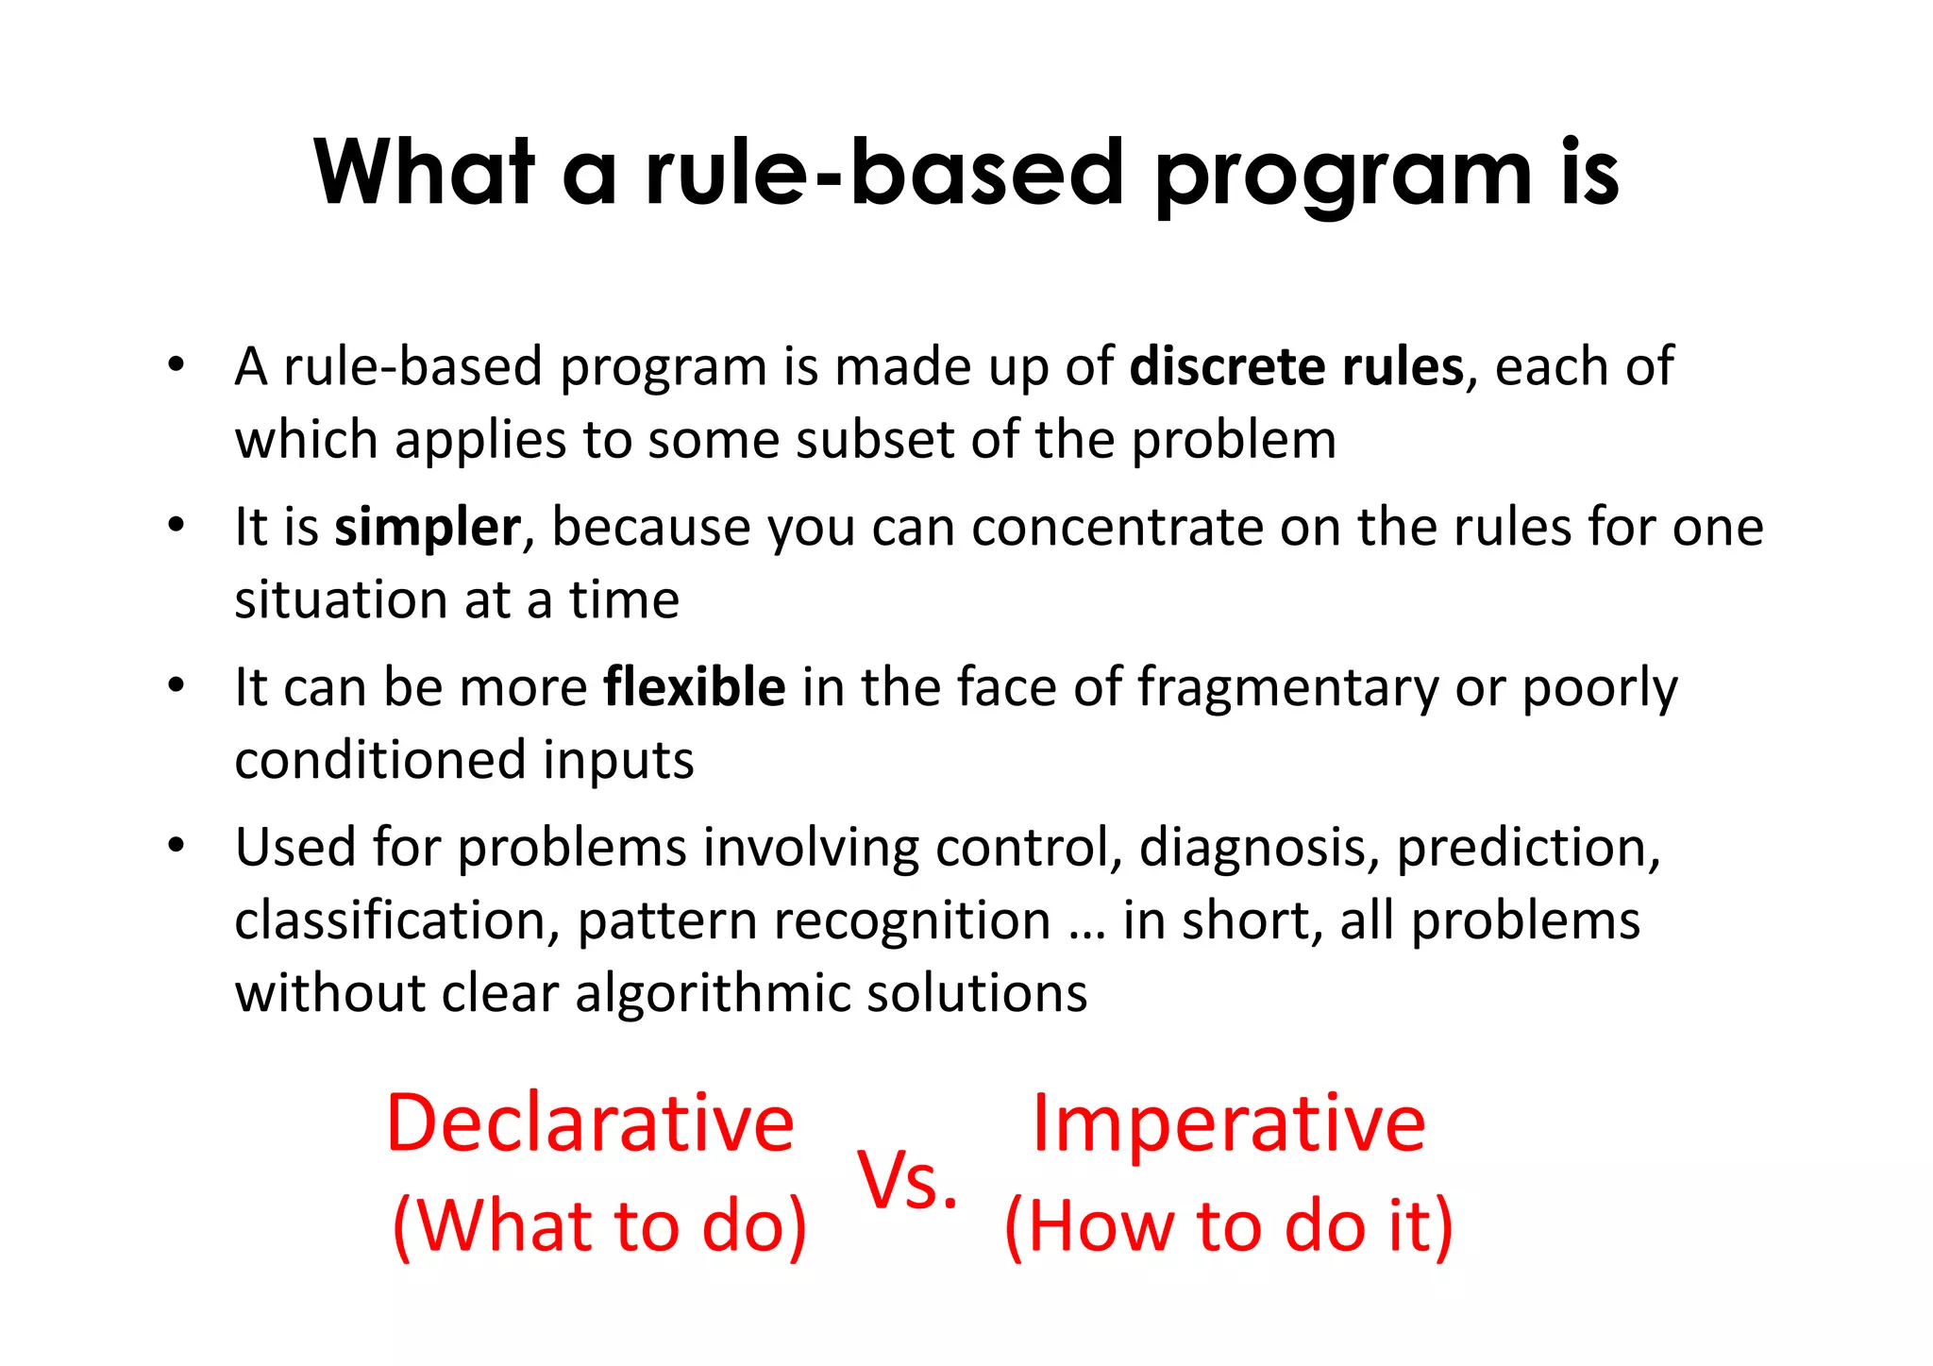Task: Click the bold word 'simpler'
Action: (428, 527)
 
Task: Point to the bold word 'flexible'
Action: (694, 686)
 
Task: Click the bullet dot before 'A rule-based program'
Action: (176, 366)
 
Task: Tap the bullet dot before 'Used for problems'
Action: (176, 846)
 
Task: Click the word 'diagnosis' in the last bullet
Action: (1252, 847)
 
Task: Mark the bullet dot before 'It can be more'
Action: (176, 686)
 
